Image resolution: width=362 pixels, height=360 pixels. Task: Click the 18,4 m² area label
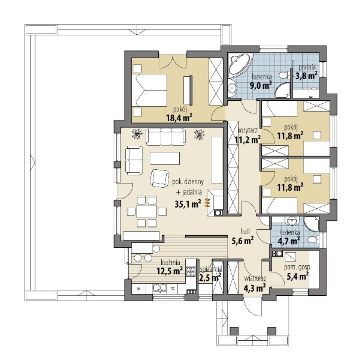pos(179,118)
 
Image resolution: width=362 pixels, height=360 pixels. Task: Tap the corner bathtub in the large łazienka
pos(240,65)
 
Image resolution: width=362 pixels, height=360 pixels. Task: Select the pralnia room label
pos(307,67)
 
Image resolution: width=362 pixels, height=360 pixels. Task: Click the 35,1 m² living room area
pos(188,204)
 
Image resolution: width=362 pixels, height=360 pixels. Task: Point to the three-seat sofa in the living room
pos(165,137)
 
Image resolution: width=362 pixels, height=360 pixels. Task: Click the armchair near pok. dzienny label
pos(159,178)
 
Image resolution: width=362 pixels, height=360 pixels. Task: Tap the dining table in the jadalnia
pos(147,211)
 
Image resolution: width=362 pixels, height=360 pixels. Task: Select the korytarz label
pos(248,131)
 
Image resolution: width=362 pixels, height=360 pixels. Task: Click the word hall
pos(245,231)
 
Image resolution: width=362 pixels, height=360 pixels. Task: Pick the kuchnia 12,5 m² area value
pos(170,271)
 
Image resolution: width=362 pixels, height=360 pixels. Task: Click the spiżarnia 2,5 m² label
pos(210,274)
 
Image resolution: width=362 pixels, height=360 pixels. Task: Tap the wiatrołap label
pos(255,278)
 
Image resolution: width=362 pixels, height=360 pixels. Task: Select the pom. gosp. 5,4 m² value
pos(297,276)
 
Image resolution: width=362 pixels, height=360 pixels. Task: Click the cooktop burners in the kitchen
pos(191,272)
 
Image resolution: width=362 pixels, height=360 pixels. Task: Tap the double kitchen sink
pos(159,288)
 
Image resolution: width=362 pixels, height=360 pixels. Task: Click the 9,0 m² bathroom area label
pos(261,85)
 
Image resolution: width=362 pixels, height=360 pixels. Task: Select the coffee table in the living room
pos(165,158)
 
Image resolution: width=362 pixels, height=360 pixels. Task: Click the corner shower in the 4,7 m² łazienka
pos(312,223)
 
